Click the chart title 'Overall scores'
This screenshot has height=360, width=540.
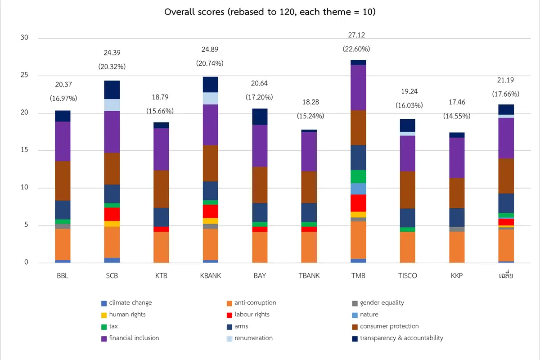[x=270, y=12]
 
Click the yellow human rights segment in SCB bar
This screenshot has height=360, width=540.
[x=112, y=224]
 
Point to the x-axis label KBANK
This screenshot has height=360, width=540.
[x=211, y=276]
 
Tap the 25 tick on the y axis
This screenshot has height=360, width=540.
[x=24, y=75]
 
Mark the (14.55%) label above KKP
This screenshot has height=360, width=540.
[x=457, y=116]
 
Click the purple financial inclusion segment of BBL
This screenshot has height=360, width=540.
[x=63, y=141]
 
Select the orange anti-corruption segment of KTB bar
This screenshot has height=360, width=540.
[x=161, y=247]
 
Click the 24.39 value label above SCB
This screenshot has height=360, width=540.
[x=112, y=53]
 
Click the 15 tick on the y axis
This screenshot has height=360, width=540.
[x=24, y=150]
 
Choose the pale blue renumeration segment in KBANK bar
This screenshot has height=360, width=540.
[x=211, y=99]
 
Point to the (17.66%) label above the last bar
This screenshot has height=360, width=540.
[x=506, y=94]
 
